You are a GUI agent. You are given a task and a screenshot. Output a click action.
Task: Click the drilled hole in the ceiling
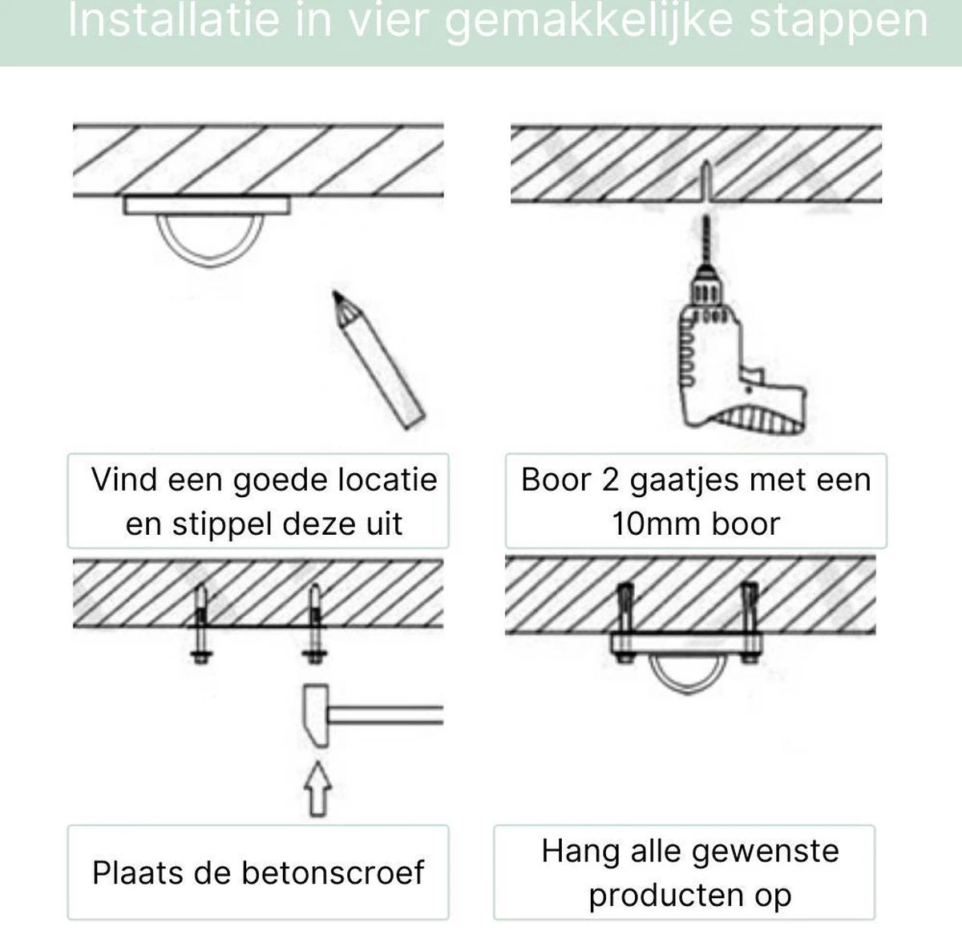[705, 180]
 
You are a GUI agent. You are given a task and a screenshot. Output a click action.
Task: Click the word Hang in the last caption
[574, 851]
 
